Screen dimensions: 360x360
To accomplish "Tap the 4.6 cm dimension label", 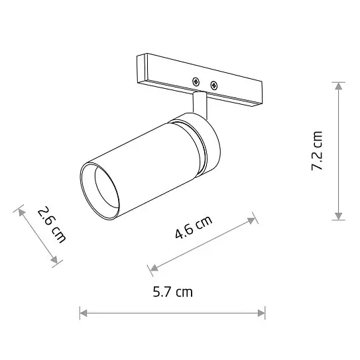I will [194, 227].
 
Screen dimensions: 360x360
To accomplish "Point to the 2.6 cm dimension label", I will [51, 225].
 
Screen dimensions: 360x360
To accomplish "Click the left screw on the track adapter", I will [196, 81].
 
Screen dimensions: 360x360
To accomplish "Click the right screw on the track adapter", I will [213, 84].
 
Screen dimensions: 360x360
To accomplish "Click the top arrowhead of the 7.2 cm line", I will [339, 84].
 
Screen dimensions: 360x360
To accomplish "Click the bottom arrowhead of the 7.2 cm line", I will [339, 217].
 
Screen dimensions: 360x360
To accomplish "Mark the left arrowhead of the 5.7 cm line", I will [82, 312].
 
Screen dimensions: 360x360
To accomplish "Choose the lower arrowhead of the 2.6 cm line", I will [56, 263].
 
